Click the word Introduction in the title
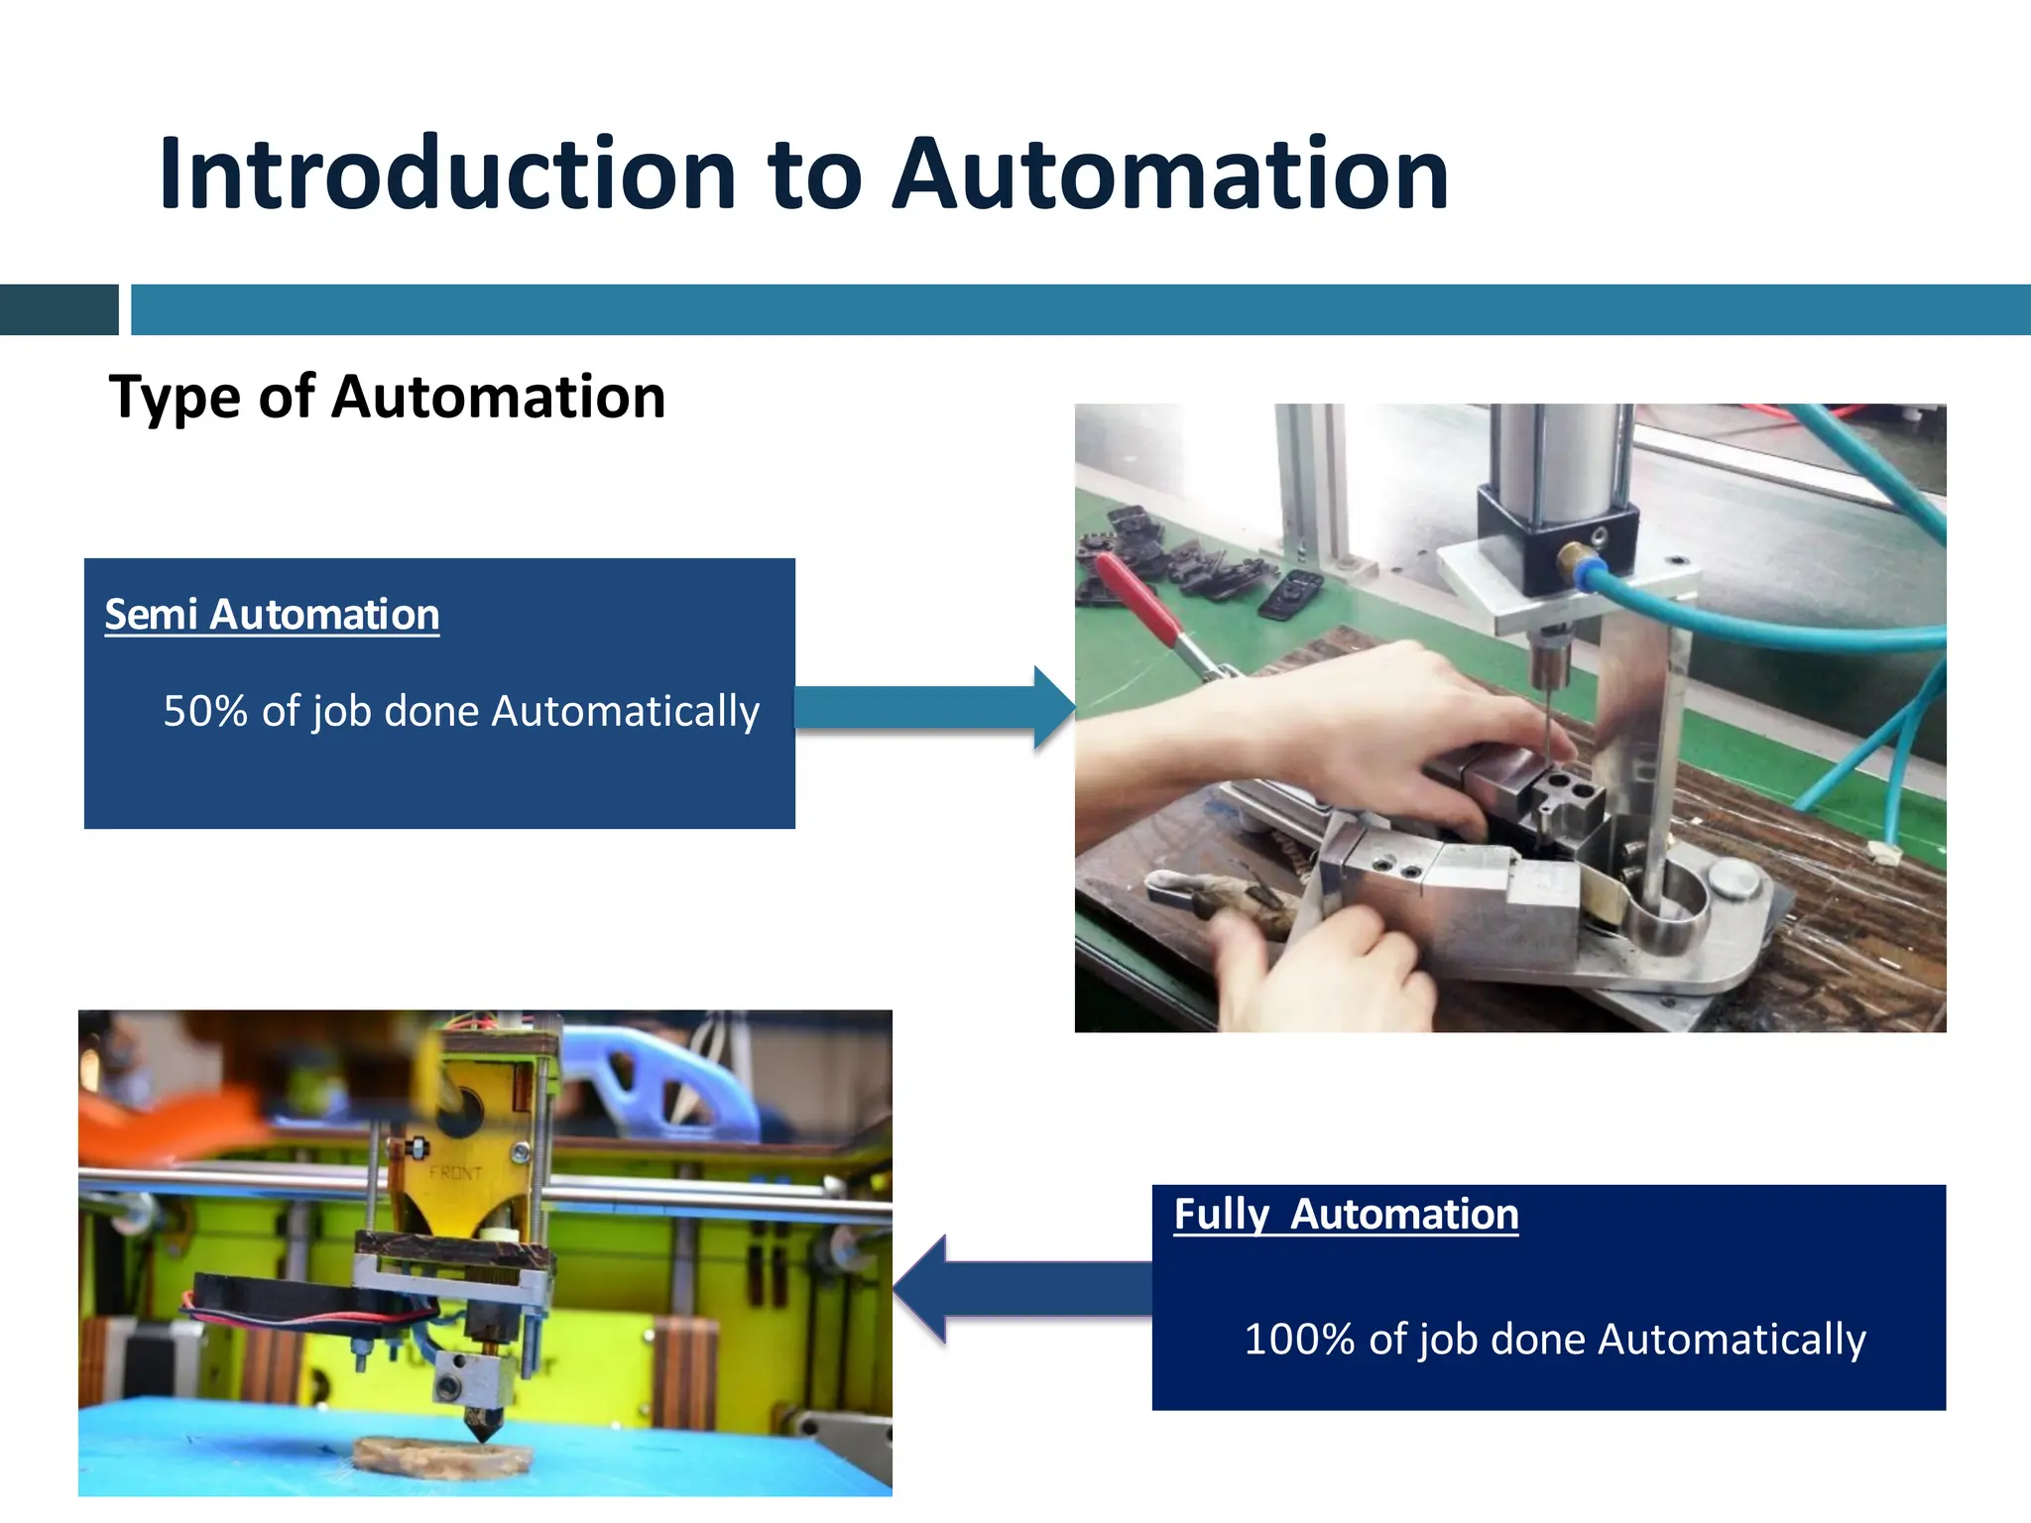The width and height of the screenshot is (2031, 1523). [x=446, y=175]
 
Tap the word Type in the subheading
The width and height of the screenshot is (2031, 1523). [x=175, y=399]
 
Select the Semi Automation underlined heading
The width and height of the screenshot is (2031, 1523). [x=272, y=615]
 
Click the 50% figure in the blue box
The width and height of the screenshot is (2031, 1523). [x=204, y=711]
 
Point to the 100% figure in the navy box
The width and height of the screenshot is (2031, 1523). [x=1298, y=1339]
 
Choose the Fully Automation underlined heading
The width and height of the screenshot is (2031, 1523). [x=1346, y=1214]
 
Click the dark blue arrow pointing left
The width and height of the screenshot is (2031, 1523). [x=1021, y=1289]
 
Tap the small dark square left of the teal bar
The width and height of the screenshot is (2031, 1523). [x=59, y=309]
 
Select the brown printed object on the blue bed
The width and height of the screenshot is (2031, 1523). [x=441, y=1455]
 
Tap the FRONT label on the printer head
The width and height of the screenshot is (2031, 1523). [x=455, y=1173]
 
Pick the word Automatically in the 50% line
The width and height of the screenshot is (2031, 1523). [x=625, y=711]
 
